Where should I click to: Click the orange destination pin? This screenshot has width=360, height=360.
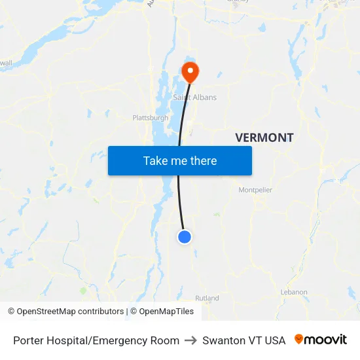tap(190, 71)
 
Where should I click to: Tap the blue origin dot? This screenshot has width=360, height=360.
tap(185, 237)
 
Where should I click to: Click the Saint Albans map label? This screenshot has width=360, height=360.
tap(194, 98)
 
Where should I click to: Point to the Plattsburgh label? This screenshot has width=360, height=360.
tap(151, 118)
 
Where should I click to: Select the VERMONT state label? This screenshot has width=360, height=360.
tap(264, 137)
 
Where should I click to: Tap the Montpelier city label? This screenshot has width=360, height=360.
tap(255, 190)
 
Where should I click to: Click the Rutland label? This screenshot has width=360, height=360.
tap(207, 298)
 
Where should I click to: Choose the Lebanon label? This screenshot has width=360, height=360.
tap(294, 292)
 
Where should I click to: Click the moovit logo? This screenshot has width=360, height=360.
tap(321, 340)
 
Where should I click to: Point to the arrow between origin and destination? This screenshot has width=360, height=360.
tap(190, 340)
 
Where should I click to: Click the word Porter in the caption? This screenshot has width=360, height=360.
tap(29, 340)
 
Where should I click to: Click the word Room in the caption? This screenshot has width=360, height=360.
tap(165, 340)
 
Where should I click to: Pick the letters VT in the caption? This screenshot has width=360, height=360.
tap(255, 340)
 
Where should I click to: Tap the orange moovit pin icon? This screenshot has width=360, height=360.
tap(299, 339)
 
